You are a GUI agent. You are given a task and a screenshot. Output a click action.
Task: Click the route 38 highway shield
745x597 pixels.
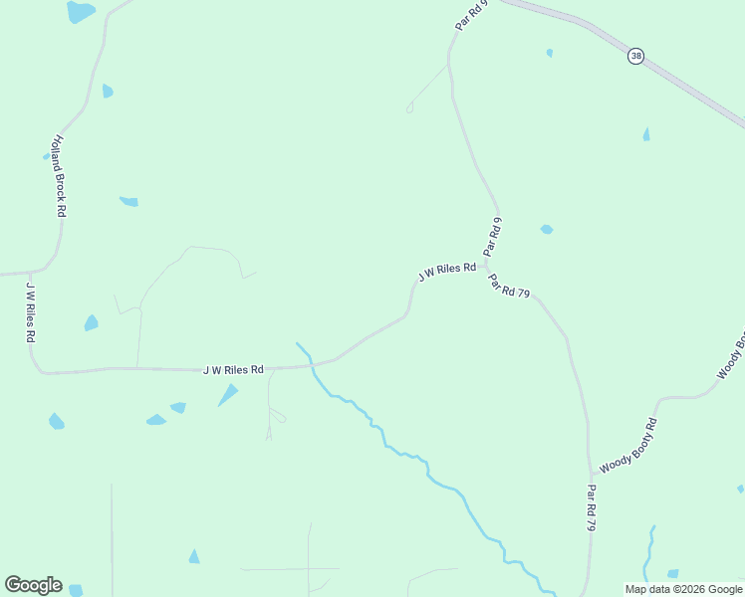tap(635, 56)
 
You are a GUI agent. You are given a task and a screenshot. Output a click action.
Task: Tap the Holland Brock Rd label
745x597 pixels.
tap(60, 176)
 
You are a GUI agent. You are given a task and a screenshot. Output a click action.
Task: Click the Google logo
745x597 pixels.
tap(33, 585)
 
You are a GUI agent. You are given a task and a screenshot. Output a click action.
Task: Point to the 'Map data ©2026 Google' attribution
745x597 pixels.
tap(683, 589)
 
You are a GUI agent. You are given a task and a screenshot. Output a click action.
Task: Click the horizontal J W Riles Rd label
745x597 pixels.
tap(233, 370)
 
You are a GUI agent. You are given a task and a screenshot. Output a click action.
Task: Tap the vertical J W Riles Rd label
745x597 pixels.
tap(31, 311)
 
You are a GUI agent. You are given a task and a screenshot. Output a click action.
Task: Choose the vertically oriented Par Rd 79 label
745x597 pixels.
tap(591, 507)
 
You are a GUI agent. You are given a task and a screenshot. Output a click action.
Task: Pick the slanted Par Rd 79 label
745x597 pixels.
tap(509, 286)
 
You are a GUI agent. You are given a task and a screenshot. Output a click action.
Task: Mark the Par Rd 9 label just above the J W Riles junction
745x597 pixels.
tap(492, 237)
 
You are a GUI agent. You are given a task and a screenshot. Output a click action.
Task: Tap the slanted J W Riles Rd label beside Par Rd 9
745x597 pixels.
tap(446, 271)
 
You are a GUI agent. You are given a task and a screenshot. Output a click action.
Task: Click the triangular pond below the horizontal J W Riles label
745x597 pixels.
tap(228, 395)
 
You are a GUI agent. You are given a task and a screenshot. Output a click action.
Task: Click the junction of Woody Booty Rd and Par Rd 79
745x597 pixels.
tap(591, 475)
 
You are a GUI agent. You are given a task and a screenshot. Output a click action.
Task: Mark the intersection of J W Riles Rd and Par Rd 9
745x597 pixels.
tap(485, 266)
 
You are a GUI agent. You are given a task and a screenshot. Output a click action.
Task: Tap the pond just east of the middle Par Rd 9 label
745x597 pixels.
tap(546, 230)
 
